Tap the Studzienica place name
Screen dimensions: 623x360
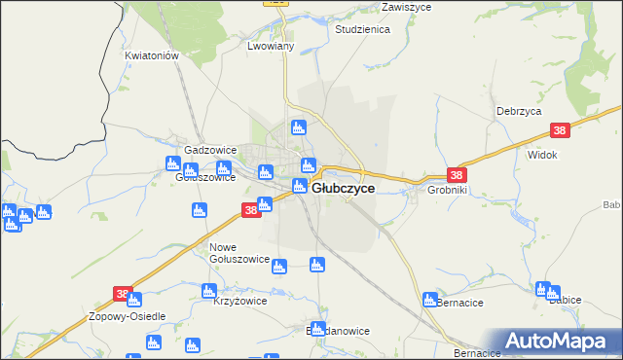(362, 30)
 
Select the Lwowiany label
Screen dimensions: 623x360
(271, 46)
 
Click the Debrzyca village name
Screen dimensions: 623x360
(518, 112)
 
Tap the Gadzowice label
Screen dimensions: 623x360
(210, 151)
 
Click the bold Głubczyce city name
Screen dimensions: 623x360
(344, 189)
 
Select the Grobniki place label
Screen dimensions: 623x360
(446, 191)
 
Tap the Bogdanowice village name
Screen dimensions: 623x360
(337, 331)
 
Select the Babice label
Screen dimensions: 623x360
(565, 301)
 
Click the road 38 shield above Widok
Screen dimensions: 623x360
(559, 130)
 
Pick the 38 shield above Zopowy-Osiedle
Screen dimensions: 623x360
(122, 293)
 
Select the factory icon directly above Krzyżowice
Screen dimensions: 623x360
(208, 290)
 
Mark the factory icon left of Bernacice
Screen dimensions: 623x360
(429, 299)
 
